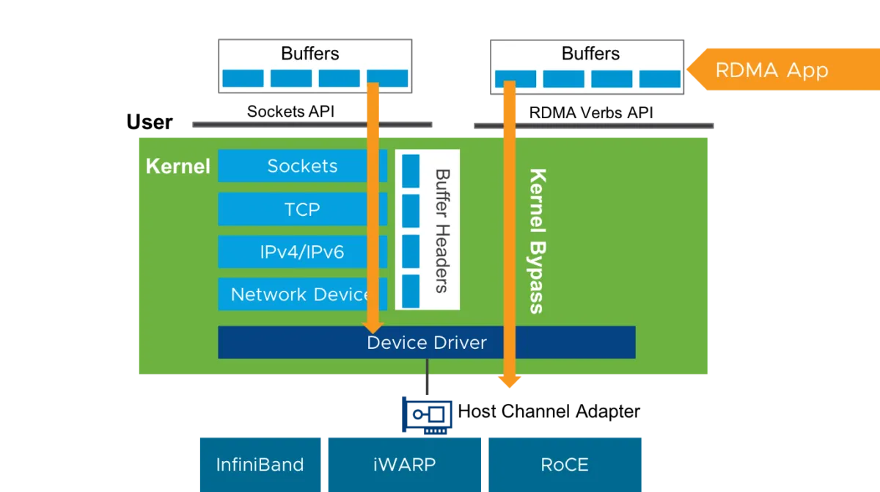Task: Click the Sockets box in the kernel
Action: point(302,165)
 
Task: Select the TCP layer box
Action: point(302,209)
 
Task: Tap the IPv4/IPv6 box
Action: point(302,252)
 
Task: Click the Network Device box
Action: point(302,294)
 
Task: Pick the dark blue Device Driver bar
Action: point(427,342)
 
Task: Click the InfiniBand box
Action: point(260,465)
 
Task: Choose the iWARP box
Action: point(405,465)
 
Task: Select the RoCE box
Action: point(565,465)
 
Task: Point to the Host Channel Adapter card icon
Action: point(427,416)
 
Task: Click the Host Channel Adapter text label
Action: point(549,411)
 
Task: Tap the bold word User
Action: point(150,122)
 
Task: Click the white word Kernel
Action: point(178,166)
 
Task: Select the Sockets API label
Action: point(290,112)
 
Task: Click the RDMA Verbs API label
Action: point(591,113)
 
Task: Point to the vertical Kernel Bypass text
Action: point(538,241)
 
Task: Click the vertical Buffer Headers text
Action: point(443,231)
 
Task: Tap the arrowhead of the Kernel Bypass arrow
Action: point(510,382)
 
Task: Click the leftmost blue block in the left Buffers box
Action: point(243,79)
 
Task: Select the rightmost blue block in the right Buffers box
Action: point(660,79)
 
